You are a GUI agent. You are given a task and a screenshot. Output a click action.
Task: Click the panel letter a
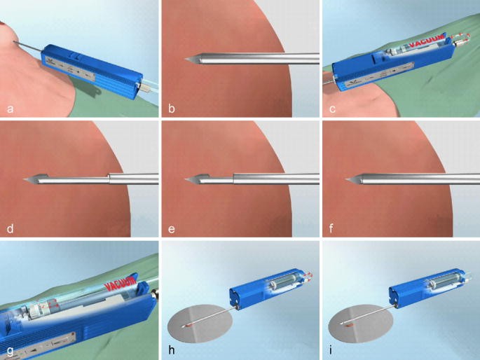(10, 109)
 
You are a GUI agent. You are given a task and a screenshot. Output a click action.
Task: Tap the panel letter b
(170, 109)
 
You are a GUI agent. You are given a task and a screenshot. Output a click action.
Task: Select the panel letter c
(330, 109)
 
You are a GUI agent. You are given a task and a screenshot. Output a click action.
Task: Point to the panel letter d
(10, 228)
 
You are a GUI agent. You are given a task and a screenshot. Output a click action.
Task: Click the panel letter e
(170, 228)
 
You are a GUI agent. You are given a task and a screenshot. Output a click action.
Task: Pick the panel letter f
(330, 228)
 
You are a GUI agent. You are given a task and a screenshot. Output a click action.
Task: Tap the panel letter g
(10, 349)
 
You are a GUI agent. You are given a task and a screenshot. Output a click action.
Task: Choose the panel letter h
(170, 349)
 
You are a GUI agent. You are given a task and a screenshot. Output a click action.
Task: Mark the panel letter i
(330, 349)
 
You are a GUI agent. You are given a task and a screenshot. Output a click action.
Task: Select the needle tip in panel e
(186, 181)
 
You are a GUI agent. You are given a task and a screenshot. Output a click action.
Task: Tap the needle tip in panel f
(347, 181)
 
